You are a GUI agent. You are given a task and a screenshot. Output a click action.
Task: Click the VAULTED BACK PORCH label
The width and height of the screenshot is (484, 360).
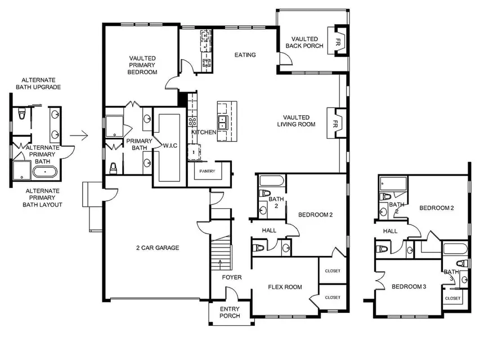(304, 42)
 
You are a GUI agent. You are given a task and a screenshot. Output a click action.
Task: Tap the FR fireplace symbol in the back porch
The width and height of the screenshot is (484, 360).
(339, 42)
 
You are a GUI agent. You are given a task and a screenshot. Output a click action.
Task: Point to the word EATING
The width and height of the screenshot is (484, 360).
(245, 55)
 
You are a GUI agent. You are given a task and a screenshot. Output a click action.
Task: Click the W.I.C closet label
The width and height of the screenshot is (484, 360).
(170, 146)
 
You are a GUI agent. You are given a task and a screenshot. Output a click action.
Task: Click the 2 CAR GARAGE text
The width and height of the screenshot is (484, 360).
(157, 247)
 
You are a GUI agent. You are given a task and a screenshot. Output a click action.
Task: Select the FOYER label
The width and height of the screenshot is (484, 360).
(231, 277)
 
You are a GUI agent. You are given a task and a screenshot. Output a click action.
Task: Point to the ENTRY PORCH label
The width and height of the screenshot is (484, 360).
(230, 312)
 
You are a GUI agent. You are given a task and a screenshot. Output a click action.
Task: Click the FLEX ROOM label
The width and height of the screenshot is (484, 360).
(284, 287)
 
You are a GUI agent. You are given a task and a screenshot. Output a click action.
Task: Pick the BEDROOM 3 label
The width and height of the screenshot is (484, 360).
(409, 287)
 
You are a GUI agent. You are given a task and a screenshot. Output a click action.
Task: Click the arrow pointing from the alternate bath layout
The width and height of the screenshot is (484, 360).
(81, 136)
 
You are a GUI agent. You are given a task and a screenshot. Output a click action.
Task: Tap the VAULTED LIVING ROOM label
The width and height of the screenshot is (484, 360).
(299, 120)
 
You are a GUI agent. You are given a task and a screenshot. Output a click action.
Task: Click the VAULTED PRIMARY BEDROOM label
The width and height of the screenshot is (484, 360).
(142, 65)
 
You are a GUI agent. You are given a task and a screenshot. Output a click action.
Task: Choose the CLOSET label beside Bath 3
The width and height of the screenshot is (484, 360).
(452, 298)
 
